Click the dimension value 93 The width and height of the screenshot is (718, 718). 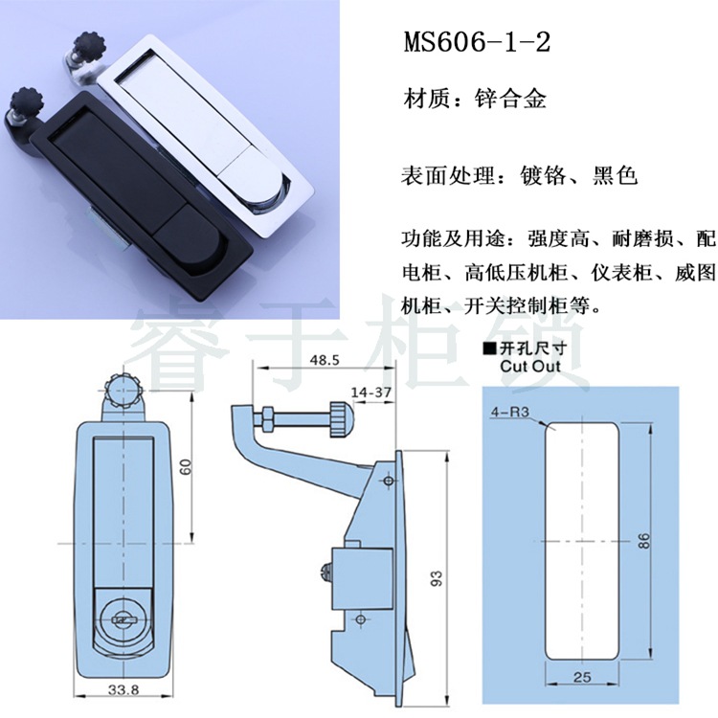tap(437, 578)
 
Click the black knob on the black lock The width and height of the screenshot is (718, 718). tap(26, 100)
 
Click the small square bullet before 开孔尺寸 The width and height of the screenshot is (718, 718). tap(489, 348)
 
